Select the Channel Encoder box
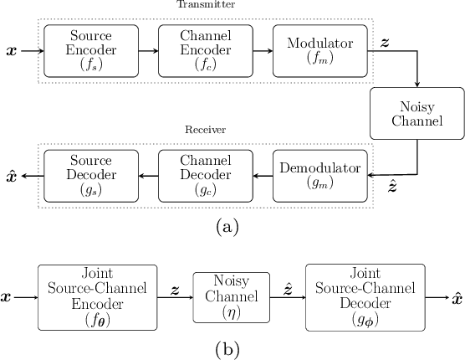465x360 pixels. (205, 51)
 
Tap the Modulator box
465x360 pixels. (319, 51)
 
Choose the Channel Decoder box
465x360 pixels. (205, 176)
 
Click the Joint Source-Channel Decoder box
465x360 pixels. (365, 296)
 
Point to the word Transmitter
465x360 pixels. (204, 5)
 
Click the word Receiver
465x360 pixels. (204, 130)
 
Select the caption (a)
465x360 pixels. (226, 227)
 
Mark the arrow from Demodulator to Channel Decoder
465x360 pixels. (262, 176)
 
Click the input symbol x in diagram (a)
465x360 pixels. (11, 51)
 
